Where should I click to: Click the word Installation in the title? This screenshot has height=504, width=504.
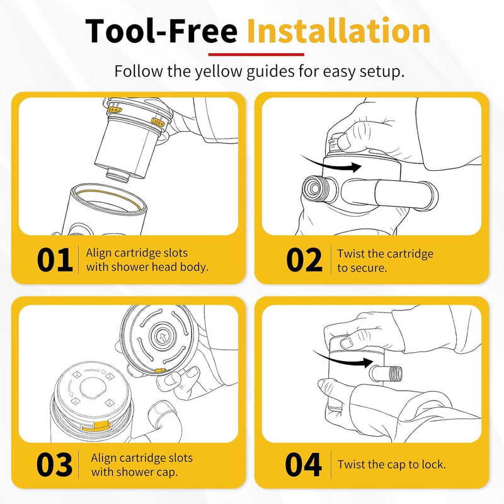point(339,30)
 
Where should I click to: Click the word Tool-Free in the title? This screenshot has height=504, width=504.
point(161,30)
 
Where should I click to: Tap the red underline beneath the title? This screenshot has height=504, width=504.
point(256,54)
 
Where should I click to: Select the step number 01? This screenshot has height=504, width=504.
point(55,260)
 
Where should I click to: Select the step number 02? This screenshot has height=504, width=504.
point(304,260)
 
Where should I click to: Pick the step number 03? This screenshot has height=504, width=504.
point(54,464)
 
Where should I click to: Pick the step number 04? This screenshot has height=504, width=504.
point(303,464)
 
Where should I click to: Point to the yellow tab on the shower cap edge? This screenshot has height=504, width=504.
point(160,370)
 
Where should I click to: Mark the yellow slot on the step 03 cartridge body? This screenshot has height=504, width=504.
point(96,427)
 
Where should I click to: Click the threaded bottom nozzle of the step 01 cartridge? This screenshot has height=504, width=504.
point(118,176)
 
